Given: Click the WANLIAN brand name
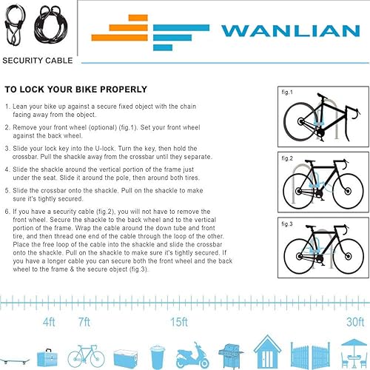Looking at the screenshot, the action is pyautogui.click(x=291, y=31).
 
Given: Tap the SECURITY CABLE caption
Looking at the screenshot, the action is pyautogui.click(x=38, y=61).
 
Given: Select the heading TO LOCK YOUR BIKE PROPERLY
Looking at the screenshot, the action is pyautogui.click(x=76, y=90).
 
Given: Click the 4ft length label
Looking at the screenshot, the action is pyautogui.click(x=49, y=322).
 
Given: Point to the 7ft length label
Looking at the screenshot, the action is pyautogui.click(x=84, y=322).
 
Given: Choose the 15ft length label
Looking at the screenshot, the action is pyautogui.click(x=179, y=322).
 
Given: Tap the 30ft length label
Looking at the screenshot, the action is pyautogui.click(x=355, y=322).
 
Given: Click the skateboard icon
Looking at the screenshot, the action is pyautogui.click(x=15, y=360).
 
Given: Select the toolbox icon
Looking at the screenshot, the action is pyautogui.click(x=47, y=357).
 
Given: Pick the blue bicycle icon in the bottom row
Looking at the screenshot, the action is pyautogui.click(x=86, y=356).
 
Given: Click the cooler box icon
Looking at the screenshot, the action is pyautogui.click(x=126, y=359).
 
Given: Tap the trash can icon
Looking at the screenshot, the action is pyautogui.click(x=157, y=357).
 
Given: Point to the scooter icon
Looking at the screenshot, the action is pyautogui.click(x=192, y=355).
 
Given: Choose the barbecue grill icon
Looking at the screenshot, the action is pyautogui.click(x=231, y=356).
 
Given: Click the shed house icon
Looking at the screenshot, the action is pyautogui.click(x=267, y=352).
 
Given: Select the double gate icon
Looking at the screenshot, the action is pyautogui.click(x=310, y=355).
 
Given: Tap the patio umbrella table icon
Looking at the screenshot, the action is pyautogui.click(x=354, y=354).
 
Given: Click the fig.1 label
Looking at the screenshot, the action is pyautogui.click(x=287, y=92).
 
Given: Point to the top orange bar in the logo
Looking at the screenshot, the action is pyautogui.click(x=138, y=18).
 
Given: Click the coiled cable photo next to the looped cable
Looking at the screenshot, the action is pyautogui.click(x=51, y=24).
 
